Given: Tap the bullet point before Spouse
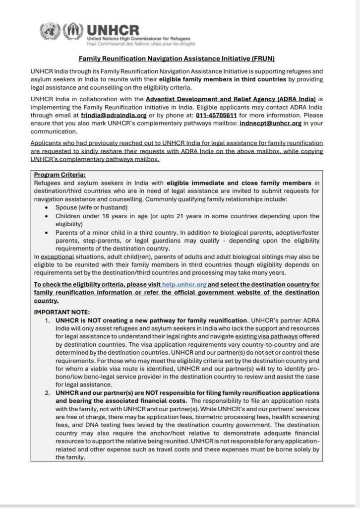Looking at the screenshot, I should (47, 207).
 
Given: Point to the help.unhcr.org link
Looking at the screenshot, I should (183, 285).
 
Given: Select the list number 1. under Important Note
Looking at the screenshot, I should (48, 320).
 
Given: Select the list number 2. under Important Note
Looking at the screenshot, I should (48, 393).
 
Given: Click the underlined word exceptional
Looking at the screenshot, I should (57, 257).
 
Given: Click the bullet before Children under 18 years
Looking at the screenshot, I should (47, 217).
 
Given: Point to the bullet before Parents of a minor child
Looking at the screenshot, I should (47, 232).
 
